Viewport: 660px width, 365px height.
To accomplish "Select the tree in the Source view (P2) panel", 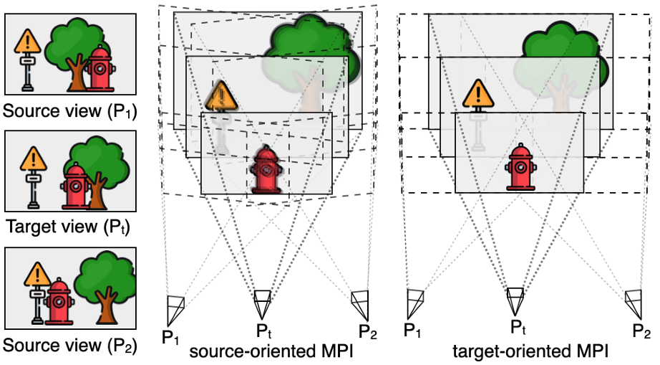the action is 105,288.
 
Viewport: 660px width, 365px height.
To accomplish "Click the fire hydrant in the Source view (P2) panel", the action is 59,301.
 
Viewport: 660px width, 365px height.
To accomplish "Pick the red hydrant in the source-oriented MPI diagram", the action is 266,170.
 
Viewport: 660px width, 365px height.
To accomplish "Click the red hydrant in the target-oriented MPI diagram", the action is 520,167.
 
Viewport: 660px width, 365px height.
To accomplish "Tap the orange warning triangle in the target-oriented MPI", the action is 478,94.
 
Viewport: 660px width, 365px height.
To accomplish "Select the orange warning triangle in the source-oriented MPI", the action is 221,96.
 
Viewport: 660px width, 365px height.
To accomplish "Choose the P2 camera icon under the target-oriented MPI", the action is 634,304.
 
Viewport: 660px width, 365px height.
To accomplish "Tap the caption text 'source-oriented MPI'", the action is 271,351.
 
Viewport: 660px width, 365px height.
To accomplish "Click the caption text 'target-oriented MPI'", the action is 530,351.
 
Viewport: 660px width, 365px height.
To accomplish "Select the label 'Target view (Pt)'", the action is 68,227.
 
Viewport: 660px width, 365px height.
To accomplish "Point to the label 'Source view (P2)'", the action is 70,346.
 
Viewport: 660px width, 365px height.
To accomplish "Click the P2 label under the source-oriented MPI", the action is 368,332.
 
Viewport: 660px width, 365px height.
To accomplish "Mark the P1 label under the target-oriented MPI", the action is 412,331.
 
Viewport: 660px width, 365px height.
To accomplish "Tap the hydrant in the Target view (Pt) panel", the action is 76,186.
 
